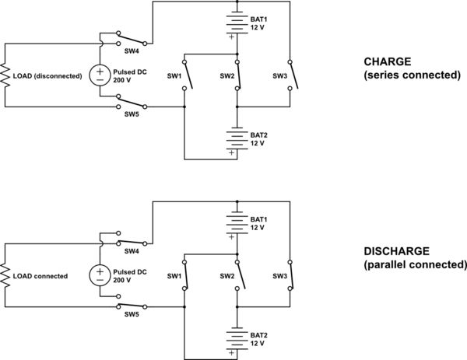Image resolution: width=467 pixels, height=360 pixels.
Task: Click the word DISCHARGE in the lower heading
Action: [x=396, y=252]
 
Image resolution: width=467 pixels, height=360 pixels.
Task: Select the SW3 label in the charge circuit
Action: [x=279, y=75]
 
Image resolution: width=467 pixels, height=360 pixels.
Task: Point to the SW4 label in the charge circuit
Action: [x=132, y=51]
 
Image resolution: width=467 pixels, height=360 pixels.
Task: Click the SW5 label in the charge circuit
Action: [x=132, y=114]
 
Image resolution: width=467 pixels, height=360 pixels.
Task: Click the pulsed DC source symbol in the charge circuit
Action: [x=101, y=75]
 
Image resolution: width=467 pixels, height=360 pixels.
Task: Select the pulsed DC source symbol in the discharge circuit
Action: [x=101, y=275]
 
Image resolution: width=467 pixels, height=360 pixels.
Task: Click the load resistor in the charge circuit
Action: [x=6, y=75]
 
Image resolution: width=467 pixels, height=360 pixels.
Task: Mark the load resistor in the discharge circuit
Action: [x=6, y=275]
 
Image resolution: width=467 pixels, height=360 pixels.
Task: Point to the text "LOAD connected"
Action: [x=41, y=276]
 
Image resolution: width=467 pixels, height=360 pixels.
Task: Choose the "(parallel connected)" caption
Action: [x=415, y=265]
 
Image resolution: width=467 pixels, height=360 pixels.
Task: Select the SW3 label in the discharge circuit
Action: [x=279, y=276]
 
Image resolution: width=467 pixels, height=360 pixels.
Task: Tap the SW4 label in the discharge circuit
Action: [x=132, y=250]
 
